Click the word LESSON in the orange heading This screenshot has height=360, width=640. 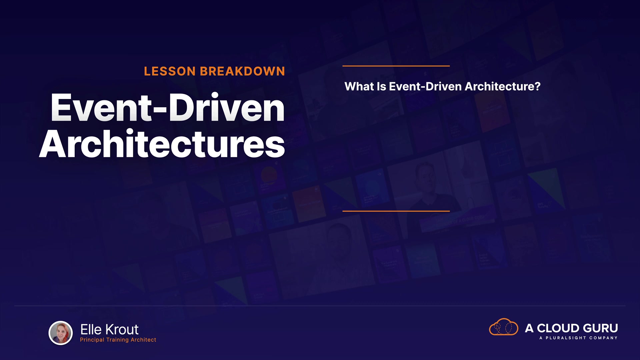click(x=170, y=71)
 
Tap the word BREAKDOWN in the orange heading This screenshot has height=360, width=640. click(x=242, y=71)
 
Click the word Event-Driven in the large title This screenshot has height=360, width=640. click(x=167, y=107)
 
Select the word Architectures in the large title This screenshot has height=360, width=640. click(x=162, y=144)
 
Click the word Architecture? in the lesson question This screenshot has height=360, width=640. click(x=502, y=87)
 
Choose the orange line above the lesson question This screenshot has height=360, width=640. click(x=396, y=66)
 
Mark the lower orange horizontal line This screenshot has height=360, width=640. click(x=396, y=211)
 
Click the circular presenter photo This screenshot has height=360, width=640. click(x=61, y=333)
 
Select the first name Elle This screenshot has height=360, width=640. click(x=91, y=330)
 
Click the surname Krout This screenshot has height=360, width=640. click(x=122, y=330)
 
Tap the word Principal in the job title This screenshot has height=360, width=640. click(x=92, y=340)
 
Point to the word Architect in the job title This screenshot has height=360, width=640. click(x=143, y=340)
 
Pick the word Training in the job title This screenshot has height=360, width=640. click(x=117, y=340)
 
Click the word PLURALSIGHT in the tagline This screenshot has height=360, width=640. click(x=566, y=338)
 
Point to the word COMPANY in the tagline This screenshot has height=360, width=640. click(x=603, y=338)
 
